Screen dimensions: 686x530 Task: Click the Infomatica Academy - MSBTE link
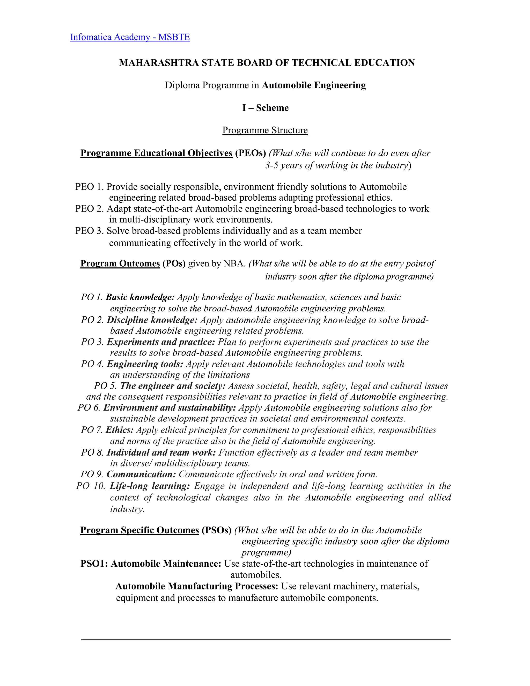coord(130,37)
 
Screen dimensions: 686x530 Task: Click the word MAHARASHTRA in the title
coord(159,63)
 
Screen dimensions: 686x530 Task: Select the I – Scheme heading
coord(265,108)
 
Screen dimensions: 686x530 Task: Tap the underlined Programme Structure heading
coord(265,130)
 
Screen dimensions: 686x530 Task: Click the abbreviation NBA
coord(234,263)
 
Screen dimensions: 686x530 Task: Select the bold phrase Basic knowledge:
coord(140,297)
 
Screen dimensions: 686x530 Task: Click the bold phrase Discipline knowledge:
coord(152,320)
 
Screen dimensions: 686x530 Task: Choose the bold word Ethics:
coord(120,430)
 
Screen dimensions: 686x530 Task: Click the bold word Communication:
coord(141,474)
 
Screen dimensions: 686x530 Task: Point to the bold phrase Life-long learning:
coord(150,486)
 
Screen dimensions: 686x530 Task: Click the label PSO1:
coord(94,564)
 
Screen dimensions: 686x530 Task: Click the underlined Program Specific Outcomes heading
coord(140,530)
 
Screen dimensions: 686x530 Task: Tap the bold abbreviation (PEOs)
coord(250,153)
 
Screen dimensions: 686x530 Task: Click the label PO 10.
coord(90,486)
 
